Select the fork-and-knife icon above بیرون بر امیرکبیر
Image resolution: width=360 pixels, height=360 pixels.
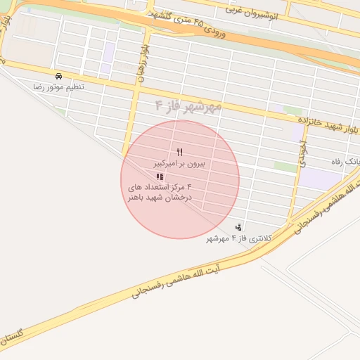(180, 152)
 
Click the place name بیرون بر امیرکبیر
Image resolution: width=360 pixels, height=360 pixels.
(180, 163)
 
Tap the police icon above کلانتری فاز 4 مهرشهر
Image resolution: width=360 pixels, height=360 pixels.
(239, 227)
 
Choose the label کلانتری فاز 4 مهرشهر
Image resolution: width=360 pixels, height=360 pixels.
(238, 238)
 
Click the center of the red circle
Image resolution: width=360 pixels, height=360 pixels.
(180, 179)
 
